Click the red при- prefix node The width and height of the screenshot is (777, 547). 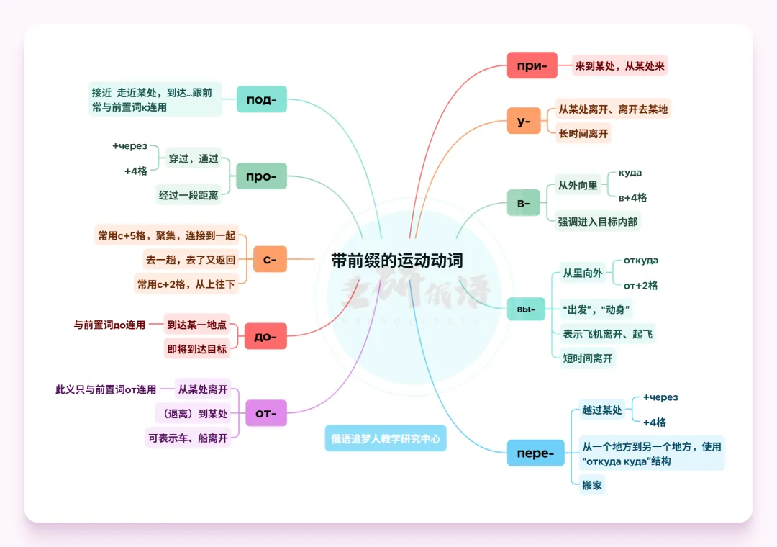click(532, 65)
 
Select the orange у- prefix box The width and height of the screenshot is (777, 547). click(523, 121)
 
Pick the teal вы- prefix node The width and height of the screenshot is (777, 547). click(526, 309)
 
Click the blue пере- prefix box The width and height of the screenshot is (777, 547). click(535, 453)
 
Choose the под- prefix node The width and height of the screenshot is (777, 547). click(262, 99)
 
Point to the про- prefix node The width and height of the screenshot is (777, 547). click(261, 176)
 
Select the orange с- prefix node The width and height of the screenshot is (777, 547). click(270, 259)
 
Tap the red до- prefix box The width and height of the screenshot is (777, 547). click(265, 336)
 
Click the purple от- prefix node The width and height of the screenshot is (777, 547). click(266, 413)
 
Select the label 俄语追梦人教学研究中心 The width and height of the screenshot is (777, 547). click(386, 438)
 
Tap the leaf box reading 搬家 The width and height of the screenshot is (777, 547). click(592, 485)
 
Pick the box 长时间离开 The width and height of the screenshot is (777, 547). click(583, 133)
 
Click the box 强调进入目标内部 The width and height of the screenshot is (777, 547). click(598, 222)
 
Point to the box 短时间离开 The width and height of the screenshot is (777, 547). click(588, 358)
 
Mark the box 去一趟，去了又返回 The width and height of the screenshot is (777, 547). click(191, 260)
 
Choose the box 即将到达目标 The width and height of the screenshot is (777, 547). click(197, 349)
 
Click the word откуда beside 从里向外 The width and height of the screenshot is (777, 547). click(641, 261)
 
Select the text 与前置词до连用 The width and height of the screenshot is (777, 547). click(109, 325)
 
